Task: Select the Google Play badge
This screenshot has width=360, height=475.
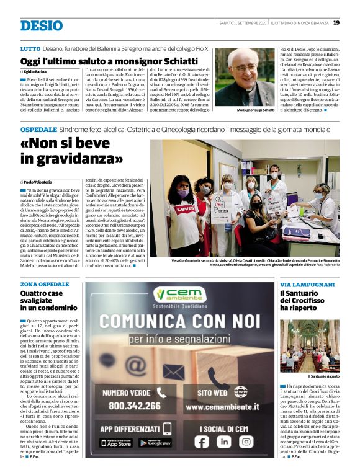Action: [x=155, y=443]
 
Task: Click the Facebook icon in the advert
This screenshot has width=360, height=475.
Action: [x=202, y=442]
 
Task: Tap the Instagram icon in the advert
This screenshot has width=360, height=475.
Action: [x=246, y=442]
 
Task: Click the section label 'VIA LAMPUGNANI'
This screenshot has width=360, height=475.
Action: [x=307, y=284]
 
